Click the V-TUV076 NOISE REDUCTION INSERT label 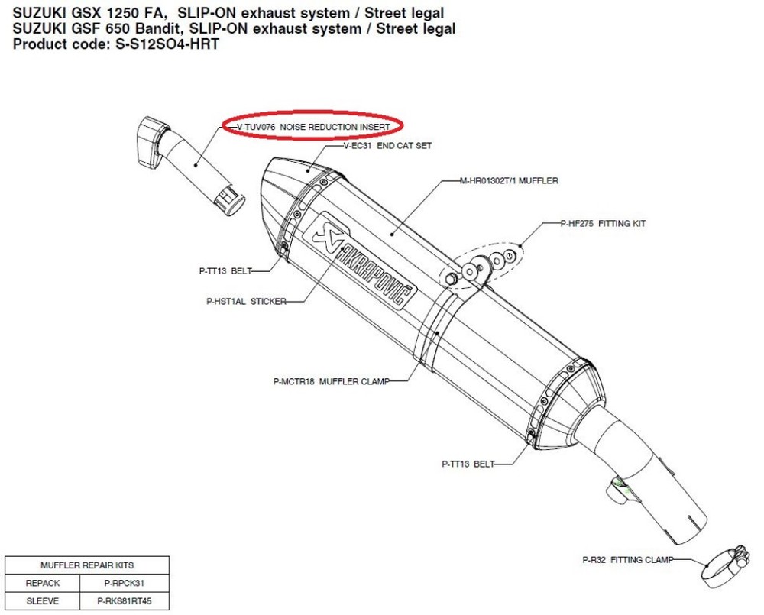(x=313, y=127)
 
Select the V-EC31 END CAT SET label (x=387, y=146)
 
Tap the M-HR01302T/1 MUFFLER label (x=509, y=181)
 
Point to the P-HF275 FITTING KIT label (x=603, y=224)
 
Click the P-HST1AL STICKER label (x=247, y=302)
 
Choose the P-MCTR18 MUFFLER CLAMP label (x=332, y=381)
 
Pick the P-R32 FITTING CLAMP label (x=627, y=560)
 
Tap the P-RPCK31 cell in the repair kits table (x=125, y=584)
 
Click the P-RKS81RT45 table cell (x=125, y=601)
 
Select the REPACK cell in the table (x=42, y=584)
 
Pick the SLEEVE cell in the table (x=42, y=601)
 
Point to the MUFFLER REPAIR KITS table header (x=87, y=566)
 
